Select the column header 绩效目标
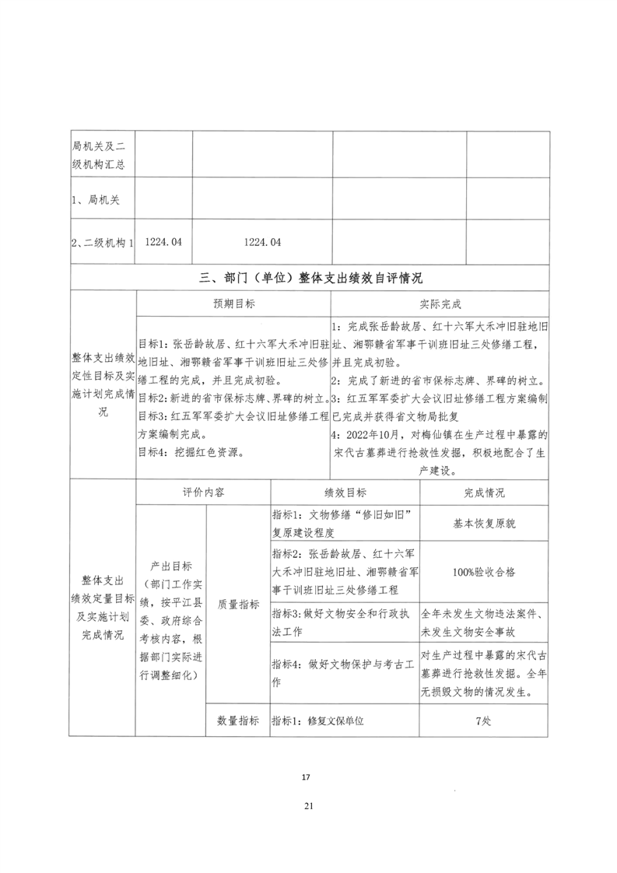(x=345, y=493)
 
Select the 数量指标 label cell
(x=238, y=720)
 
